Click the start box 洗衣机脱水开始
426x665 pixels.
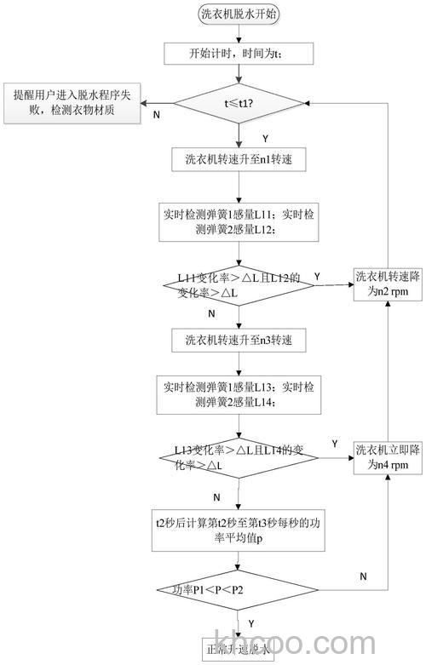point(239,14)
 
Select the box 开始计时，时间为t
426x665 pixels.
point(239,53)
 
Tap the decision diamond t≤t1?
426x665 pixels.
point(239,105)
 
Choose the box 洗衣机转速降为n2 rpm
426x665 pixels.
point(388,283)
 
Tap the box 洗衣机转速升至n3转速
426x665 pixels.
point(239,340)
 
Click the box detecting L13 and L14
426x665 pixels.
point(238,395)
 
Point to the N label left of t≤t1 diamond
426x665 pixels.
point(156,113)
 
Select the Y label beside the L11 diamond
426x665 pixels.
point(317,278)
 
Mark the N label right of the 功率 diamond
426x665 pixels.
point(363,576)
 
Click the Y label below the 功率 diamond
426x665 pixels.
point(251,622)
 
